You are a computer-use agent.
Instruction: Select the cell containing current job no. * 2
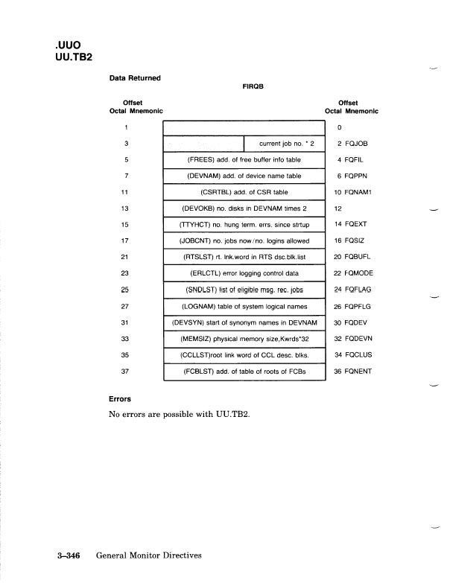[285, 143]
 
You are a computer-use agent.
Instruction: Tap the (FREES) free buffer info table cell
[244, 159]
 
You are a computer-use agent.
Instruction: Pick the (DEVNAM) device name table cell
[244, 176]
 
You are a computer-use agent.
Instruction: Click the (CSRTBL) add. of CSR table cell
[244, 192]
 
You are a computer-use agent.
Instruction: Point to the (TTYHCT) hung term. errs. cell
[244, 225]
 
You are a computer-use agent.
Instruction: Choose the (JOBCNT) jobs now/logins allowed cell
[244, 241]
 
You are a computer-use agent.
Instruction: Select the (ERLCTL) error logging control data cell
[244, 273]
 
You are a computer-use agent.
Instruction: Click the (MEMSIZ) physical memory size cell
[244, 338]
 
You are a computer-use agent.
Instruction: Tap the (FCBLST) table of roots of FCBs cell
[244, 371]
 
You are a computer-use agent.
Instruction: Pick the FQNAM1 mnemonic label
[357, 192]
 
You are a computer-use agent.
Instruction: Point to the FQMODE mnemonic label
[357, 273]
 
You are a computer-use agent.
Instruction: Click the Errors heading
[121, 398]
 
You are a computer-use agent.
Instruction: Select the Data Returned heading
[135, 77]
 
